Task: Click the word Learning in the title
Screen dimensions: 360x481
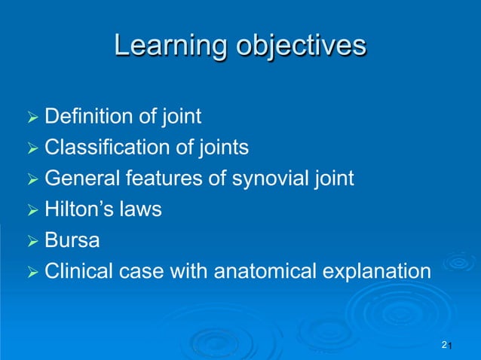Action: click(x=168, y=47)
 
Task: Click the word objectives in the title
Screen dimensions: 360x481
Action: click(x=299, y=47)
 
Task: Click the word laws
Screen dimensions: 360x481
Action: click(x=142, y=209)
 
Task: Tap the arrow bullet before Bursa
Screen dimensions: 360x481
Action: click(x=31, y=240)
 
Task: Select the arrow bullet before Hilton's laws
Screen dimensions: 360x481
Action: click(x=31, y=209)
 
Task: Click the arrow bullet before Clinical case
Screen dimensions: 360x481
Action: click(x=31, y=271)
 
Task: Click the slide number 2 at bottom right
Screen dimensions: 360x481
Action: click(x=444, y=344)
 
